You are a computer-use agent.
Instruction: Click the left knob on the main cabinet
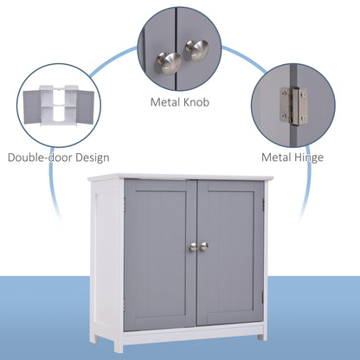pyautogui.click(x=193, y=247)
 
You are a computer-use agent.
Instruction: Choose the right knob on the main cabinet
pyautogui.click(x=204, y=247)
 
